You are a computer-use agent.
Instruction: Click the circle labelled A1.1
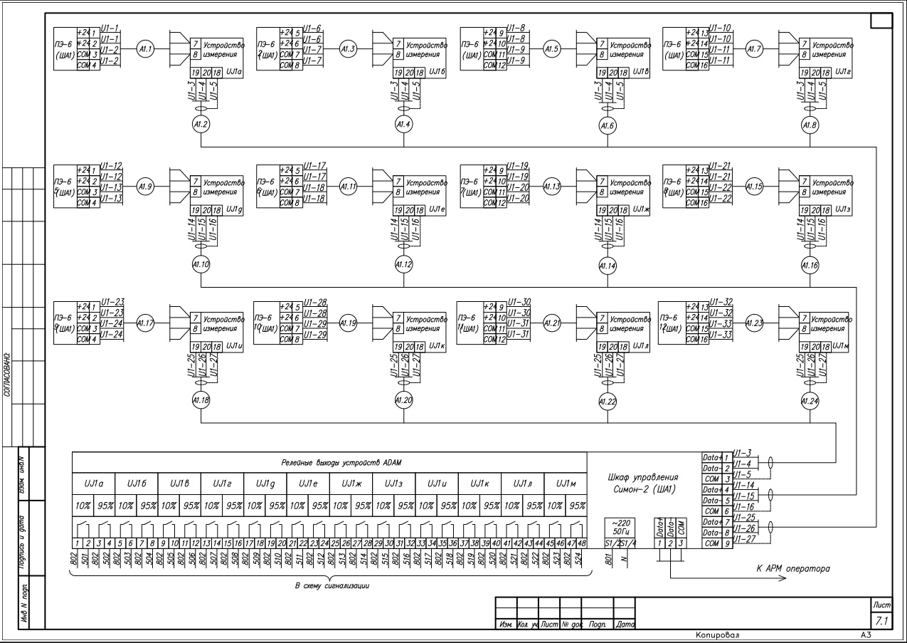[x=146, y=49]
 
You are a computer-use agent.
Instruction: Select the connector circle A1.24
[x=810, y=401]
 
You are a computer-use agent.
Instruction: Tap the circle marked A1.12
[x=403, y=265]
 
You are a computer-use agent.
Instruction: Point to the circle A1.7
[x=754, y=49]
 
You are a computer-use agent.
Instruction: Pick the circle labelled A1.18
[x=201, y=401]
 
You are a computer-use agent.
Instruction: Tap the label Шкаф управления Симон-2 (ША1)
[x=644, y=483]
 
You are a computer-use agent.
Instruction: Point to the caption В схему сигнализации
[x=329, y=585]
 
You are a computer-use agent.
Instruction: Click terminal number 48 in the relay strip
[x=581, y=544]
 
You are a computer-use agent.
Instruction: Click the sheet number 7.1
[x=881, y=622]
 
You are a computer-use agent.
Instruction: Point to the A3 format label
[x=864, y=633]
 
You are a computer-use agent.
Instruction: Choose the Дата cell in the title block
[x=623, y=624]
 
